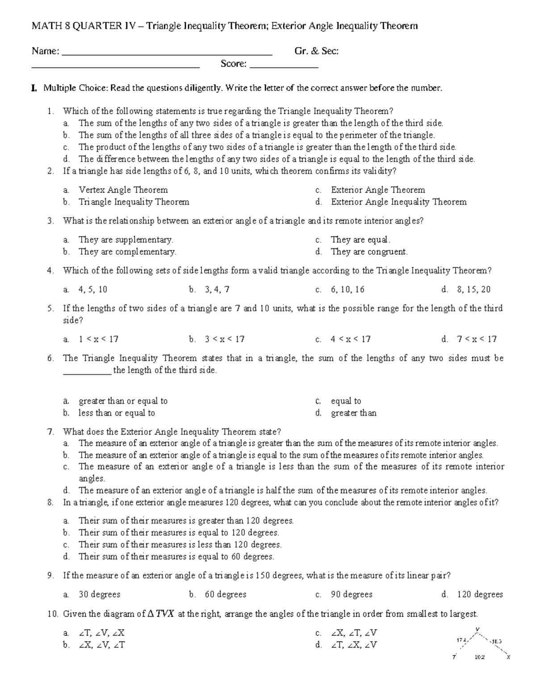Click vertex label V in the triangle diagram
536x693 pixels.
[477, 630]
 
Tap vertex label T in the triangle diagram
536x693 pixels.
[454, 657]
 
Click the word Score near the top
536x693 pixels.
[233, 64]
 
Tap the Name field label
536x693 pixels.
[45, 51]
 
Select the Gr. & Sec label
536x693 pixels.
[316, 51]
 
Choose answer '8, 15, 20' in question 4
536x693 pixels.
[473, 290]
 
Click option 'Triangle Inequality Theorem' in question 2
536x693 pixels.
[134, 202]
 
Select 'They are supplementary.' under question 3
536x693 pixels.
[126, 240]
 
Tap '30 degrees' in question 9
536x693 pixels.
[99, 594]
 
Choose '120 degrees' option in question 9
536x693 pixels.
[480, 594]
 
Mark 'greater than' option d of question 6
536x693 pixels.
[353, 413]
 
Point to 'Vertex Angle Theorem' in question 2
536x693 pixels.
[123, 190]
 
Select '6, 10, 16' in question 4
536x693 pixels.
[348, 290]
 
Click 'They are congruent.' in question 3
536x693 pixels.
[369, 252]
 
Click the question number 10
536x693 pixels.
[53, 614]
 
